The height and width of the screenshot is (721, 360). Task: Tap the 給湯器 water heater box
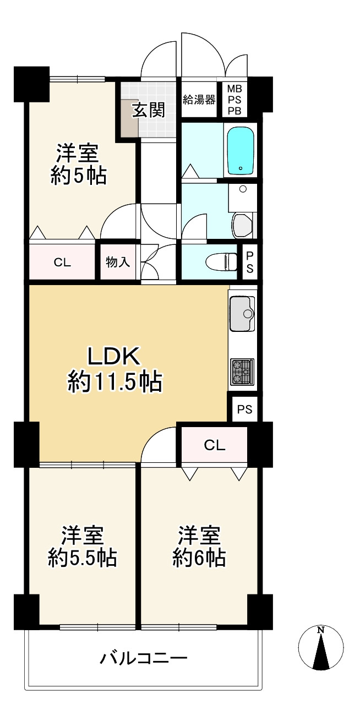199,100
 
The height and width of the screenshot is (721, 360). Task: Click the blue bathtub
241,150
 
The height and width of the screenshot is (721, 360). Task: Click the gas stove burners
242,371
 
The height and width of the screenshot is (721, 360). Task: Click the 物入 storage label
118,262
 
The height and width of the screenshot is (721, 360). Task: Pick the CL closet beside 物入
62,262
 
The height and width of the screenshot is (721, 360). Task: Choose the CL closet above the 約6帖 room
215,445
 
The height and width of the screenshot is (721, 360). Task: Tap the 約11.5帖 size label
115,381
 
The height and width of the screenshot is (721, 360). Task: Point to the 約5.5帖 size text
82,558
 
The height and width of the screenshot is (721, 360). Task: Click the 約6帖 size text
199,558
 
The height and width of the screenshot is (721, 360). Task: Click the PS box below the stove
245,409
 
